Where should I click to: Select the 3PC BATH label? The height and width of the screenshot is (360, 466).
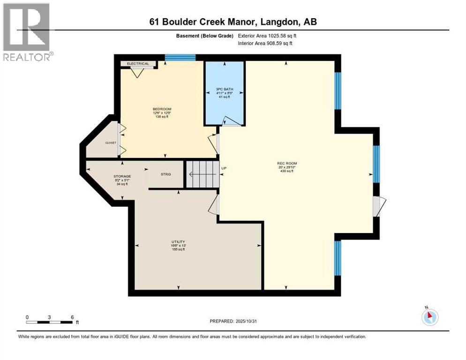coord(224,89)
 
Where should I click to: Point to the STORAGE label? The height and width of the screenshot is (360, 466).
coord(122,177)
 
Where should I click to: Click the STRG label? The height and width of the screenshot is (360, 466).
coord(165,174)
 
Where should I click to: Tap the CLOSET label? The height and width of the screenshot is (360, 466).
coord(110,143)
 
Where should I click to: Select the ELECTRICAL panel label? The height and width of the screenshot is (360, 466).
coord(138,64)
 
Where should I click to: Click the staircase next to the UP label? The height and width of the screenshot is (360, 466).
coord(203,174)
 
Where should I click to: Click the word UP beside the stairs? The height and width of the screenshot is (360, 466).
coord(224,168)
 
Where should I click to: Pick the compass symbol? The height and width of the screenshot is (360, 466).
coord(429,317)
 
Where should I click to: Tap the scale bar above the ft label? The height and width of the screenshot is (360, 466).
coord(50,322)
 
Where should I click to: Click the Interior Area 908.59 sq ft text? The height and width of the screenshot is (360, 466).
coord(265,43)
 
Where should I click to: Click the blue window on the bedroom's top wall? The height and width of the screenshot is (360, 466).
coord(180,58)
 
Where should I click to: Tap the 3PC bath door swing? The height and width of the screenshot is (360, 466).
coord(232,121)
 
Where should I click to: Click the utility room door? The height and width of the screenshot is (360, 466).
coord(214,205)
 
